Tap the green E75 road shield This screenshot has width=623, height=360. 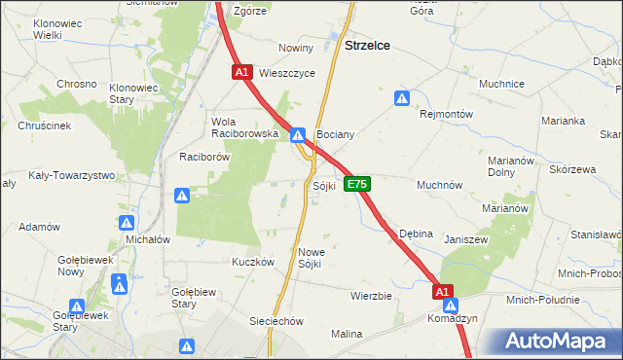pyautogui.click(x=357, y=184)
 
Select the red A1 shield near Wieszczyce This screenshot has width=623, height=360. pyautogui.click(x=242, y=72)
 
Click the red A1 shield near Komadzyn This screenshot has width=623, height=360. pyautogui.click(x=443, y=291)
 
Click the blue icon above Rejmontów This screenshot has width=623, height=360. pyautogui.click(x=401, y=97)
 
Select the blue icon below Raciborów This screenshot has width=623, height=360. pyautogui.click(x=182, y=196)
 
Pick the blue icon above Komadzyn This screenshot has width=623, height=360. pyautogui.click(x=451, y=306)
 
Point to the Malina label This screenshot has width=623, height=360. pyautogui.click(x=346, y=334)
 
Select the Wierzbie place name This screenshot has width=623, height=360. pyautogui.click(x=370, y=295)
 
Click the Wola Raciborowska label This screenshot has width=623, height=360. pyautogui.click(x=245, y=127)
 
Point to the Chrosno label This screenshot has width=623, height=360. pyautogui.click(x=77, y=84)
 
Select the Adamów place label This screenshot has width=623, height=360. pyautogui.click(x=40, y=226)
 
